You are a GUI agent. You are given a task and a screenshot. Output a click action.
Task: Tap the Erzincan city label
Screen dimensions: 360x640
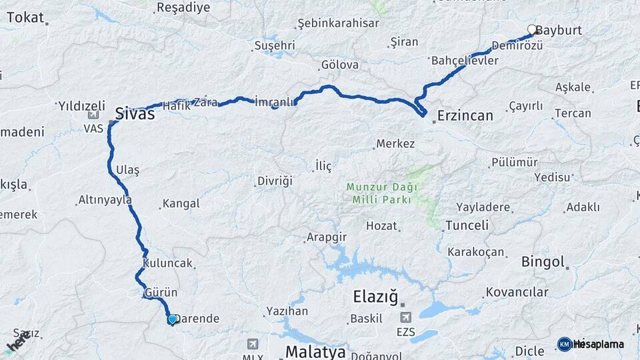coord(465,115)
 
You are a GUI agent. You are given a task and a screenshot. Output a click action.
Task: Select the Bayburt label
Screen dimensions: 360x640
coord(559,31)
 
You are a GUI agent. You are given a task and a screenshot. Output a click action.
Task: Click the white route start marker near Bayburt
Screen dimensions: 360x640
coord(532,29)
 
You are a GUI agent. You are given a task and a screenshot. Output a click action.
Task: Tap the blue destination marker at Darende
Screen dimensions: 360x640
coord(172,319)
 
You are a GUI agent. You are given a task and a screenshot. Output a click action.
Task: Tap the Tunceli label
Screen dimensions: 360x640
coord(467,225)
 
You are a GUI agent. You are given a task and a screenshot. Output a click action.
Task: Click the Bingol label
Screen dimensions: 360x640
coord(543,261)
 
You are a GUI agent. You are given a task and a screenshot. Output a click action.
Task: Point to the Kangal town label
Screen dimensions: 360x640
coord(181,203)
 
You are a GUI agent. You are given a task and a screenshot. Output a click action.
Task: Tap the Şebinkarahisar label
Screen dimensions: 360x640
coord(338,23)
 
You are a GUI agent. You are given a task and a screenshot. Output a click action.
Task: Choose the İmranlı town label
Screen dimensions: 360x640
coord(274,101)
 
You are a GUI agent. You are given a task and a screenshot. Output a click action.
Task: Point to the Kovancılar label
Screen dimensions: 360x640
coord(517,292)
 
